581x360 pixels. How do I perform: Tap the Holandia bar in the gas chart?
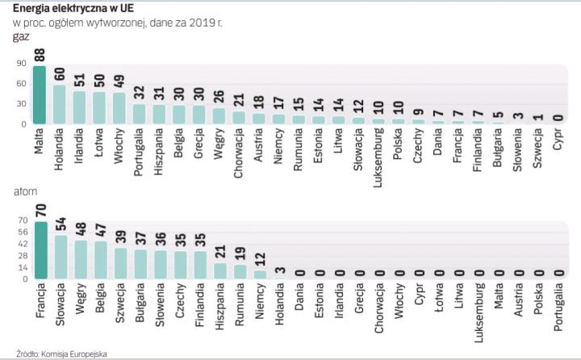click(x=59, y=105)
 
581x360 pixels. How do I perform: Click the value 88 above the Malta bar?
click(x=39, y=56)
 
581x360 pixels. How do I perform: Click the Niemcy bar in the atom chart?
click(x=259, y=274)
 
